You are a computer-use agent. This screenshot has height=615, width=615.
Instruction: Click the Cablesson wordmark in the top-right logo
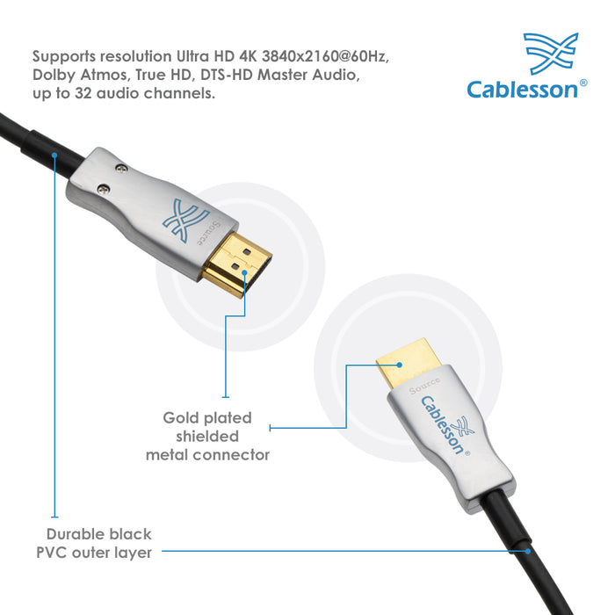coord(522,89)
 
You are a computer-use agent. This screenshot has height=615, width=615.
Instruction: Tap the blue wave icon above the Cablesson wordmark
coord(551,54)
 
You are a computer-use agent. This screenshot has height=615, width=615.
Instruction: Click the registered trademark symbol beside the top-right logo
coord(583,83)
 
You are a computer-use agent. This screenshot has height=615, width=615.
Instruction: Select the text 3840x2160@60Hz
coord(325,56)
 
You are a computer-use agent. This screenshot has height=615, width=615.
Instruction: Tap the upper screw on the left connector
coord(121,169)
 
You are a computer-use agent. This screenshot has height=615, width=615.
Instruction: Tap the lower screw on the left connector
coord(103,190)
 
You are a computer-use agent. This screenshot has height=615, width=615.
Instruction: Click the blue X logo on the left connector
coord(184,219)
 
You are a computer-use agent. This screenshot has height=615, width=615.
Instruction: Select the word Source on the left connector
coord(209,233)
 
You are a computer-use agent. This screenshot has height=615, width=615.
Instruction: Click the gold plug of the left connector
coord(237,264)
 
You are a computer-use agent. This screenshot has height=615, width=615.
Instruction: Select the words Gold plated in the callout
coord(207,418)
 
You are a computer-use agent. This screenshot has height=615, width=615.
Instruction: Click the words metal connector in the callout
coord(207,455)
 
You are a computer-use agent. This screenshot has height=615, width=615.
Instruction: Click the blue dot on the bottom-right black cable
coord(528,551)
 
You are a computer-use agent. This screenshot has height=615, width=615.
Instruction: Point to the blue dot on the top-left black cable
coord(54,156)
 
